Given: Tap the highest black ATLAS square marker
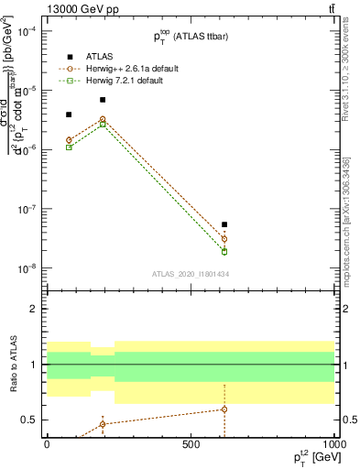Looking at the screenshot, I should pyautogui.click(x=103, y=99).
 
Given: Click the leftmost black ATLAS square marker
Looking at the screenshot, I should pyautogui.click(x=69, y=115).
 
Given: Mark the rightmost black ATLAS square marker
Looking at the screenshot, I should pyautogui.click(x=224, y=224).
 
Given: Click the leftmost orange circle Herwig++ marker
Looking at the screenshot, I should pyautogui.click(x=69, y=140).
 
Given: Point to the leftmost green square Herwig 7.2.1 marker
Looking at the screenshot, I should pyautogui.click(x=69, y=147).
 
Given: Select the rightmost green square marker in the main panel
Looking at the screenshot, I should pyautogui.click(x=224, y=252).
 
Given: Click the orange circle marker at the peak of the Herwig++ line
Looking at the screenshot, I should pyautogui.click(x=103, y=119).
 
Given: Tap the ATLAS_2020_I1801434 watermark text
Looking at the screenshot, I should pyautogui.click(x=190, y=274).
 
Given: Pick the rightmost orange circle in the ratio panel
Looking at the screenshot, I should pyautogui.click(x=224, y=409).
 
